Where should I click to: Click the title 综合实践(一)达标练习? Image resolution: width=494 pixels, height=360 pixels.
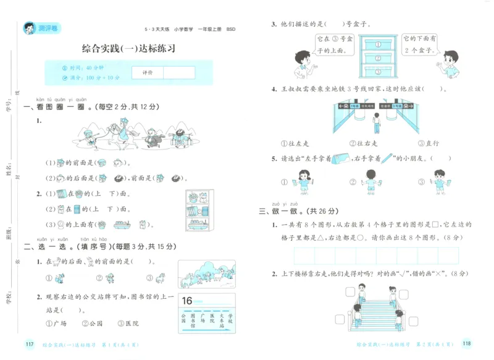pyautogui.click(x=128, y=49)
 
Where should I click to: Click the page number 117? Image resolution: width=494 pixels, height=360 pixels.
pyautogui.click(x=27, y=344)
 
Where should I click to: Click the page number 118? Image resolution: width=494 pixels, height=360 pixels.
pyautogui.click(x=467, y=344)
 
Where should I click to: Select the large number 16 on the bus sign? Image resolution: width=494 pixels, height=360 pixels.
pyautogui.click(x=190, y=301)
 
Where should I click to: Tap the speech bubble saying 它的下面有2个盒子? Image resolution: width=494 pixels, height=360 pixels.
pyautogui.click(x=421, y=44)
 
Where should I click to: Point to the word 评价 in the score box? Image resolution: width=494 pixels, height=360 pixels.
pyautogui.click(x=148, y=73)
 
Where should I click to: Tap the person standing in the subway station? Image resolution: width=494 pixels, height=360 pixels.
pyautogui.click(x=375, y=122)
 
